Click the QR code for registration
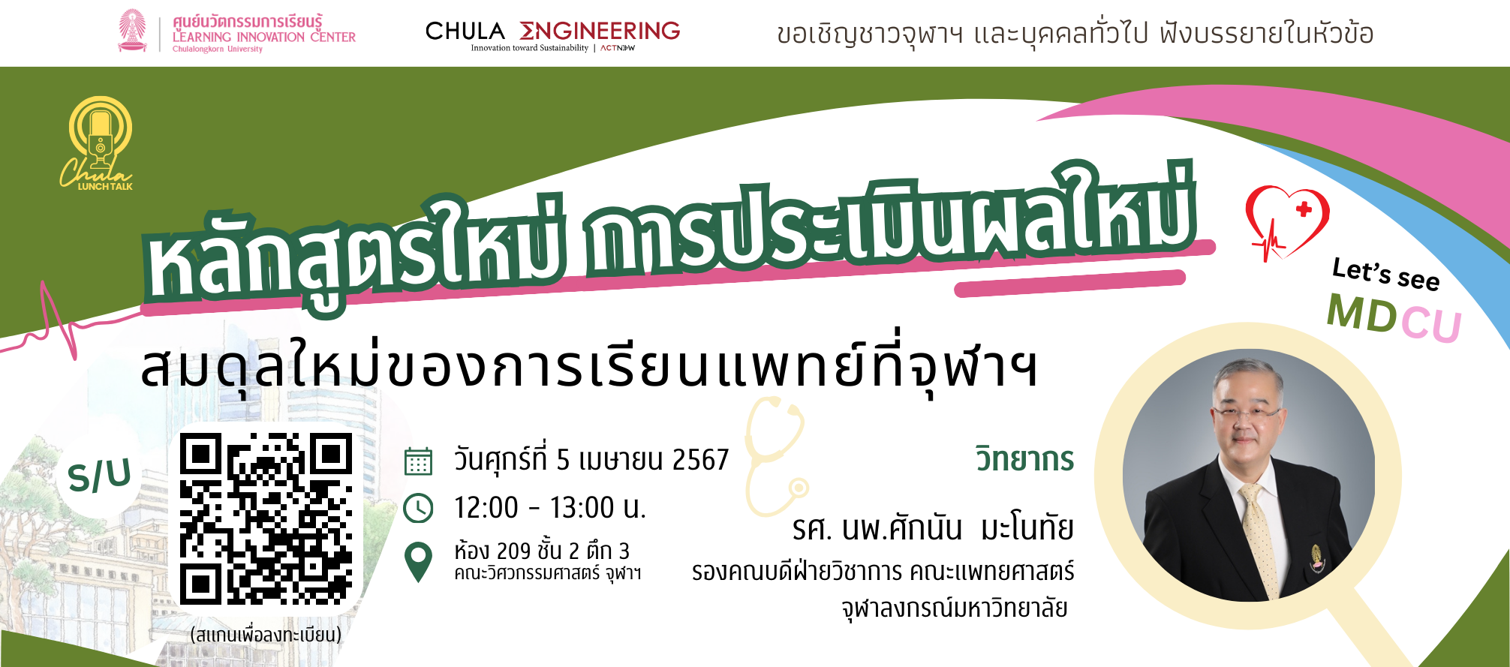(266, 518)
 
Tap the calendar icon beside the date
(418, 461)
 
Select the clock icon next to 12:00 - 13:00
(418, 508)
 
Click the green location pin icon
(418, 562)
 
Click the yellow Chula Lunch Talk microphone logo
(98, 143)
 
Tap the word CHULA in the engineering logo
(465, 31)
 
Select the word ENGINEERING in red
(600, 31)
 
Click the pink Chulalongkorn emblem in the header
(133, 31)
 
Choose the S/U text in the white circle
(99, 476)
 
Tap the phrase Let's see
(1385, 274)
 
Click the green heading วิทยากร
(1024, 458)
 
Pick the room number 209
(513, 551)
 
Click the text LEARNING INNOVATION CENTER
(264, 37)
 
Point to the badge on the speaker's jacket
(1317, 559)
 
